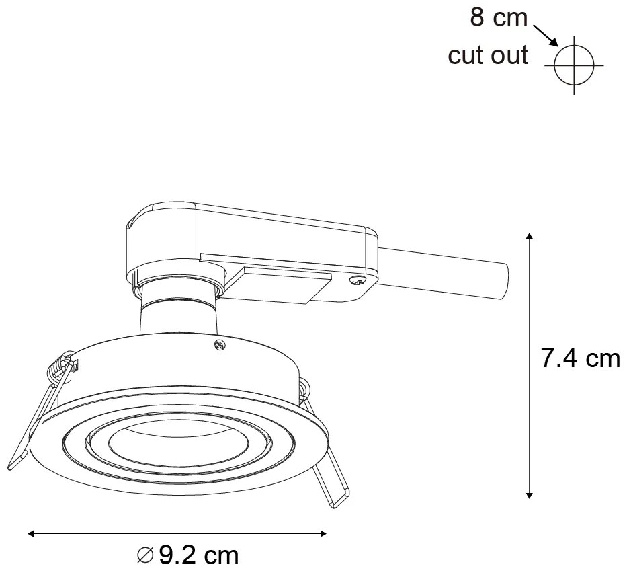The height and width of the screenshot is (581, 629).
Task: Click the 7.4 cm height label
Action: coord(581,359)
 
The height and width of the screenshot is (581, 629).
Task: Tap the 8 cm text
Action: coord(499,18)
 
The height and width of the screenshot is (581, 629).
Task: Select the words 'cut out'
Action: coord(488,55)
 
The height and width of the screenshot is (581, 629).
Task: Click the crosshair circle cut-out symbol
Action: coord(575,65)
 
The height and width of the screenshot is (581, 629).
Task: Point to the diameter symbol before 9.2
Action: coord(145,556)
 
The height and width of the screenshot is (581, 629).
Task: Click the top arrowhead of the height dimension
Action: coord(530,237)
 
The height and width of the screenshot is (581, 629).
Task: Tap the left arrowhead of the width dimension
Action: coord(32,534)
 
